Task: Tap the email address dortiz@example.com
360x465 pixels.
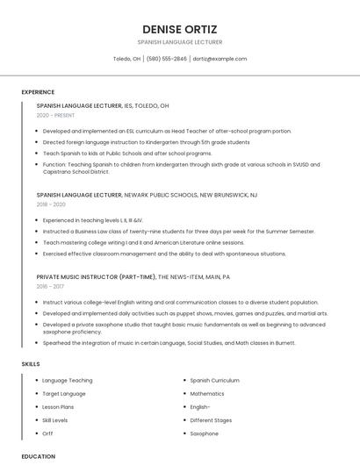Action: coord(220,59)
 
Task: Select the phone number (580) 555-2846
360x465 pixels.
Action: coord(166,59)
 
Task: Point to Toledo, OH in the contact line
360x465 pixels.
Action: coord(126,59)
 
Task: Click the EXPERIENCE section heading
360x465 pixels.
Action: coord(38,92)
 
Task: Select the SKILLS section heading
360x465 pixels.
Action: coord(30,363)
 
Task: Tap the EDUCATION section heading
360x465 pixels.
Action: coord(38,456)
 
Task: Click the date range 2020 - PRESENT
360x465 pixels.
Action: coord(56,116)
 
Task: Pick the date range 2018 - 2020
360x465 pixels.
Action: coord(51,204)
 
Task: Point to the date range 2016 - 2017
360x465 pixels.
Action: coord(50,286)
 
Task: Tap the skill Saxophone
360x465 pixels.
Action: coord(204,433)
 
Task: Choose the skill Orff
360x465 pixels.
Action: coord(47,433)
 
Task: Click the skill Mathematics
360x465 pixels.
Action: coord(207,394)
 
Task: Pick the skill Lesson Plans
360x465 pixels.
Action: coord(58,407)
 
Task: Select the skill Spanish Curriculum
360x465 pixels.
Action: coord(214,381)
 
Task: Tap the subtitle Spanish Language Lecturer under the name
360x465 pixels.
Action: coord(180,42)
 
